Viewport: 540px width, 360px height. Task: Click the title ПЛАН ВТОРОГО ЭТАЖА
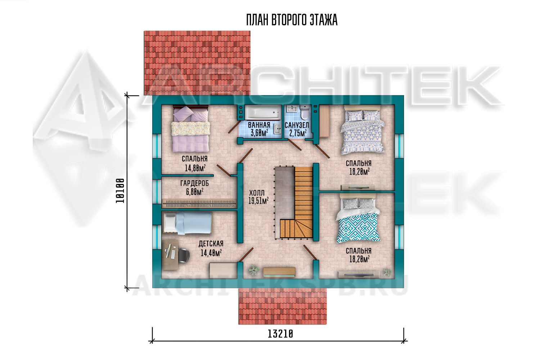292,20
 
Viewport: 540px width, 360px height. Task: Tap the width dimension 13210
280,334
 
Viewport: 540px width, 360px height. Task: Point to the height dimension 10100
120,191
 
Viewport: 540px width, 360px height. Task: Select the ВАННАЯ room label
259,125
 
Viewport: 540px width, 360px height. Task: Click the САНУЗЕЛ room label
297,125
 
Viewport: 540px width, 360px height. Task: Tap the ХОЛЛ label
257,193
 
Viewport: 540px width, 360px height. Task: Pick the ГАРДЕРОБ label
194,184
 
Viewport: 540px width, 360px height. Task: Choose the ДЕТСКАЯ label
211,244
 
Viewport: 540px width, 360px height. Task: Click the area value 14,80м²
195,168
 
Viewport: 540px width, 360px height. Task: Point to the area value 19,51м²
258,201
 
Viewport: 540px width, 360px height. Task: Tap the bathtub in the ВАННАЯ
263,113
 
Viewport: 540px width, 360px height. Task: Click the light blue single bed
187,223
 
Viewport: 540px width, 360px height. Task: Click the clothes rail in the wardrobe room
199,204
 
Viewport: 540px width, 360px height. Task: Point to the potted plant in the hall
253,270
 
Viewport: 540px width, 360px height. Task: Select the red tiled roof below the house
283,306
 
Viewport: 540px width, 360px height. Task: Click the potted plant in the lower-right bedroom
387,272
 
